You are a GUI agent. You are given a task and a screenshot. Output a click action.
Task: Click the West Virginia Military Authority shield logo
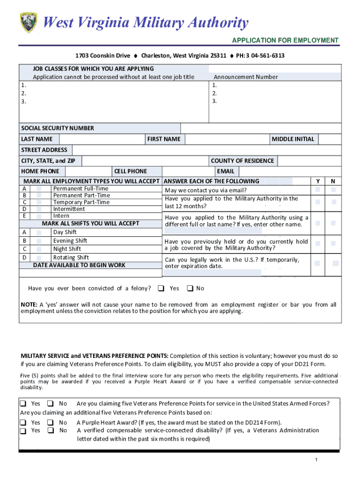point(29,22)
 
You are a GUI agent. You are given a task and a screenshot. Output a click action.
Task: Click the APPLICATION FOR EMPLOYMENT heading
point(285,41)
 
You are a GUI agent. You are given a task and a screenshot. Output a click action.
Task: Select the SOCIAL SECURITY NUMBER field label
point(58,128)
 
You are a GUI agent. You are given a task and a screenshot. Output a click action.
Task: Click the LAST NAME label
point(37,139)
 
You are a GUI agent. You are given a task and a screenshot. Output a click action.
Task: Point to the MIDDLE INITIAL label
point(293,139)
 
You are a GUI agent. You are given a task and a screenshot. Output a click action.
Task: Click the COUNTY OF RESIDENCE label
point(242,161)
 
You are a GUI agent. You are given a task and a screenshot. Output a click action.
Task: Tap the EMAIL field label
point(225,172)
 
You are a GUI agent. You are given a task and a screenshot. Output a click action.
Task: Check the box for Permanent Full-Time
point(39,189)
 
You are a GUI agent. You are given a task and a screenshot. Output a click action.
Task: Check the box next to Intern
point(39,216)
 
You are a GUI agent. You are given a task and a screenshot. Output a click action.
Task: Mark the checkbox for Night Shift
point(39,249)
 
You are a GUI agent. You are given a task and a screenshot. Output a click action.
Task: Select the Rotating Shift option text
point(71,258)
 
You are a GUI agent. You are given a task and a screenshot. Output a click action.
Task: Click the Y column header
point(318,181)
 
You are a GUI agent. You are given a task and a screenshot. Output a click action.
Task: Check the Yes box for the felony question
point(161,288)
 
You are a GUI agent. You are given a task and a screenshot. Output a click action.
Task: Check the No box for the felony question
point(190,288)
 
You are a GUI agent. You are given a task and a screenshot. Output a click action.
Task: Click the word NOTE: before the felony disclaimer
point(29,305)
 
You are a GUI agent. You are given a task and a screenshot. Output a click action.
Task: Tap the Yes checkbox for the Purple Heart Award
point(23,422)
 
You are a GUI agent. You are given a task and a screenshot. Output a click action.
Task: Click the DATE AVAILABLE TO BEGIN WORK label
point(79,265)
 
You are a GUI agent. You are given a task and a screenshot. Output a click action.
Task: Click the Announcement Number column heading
point(245,77)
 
